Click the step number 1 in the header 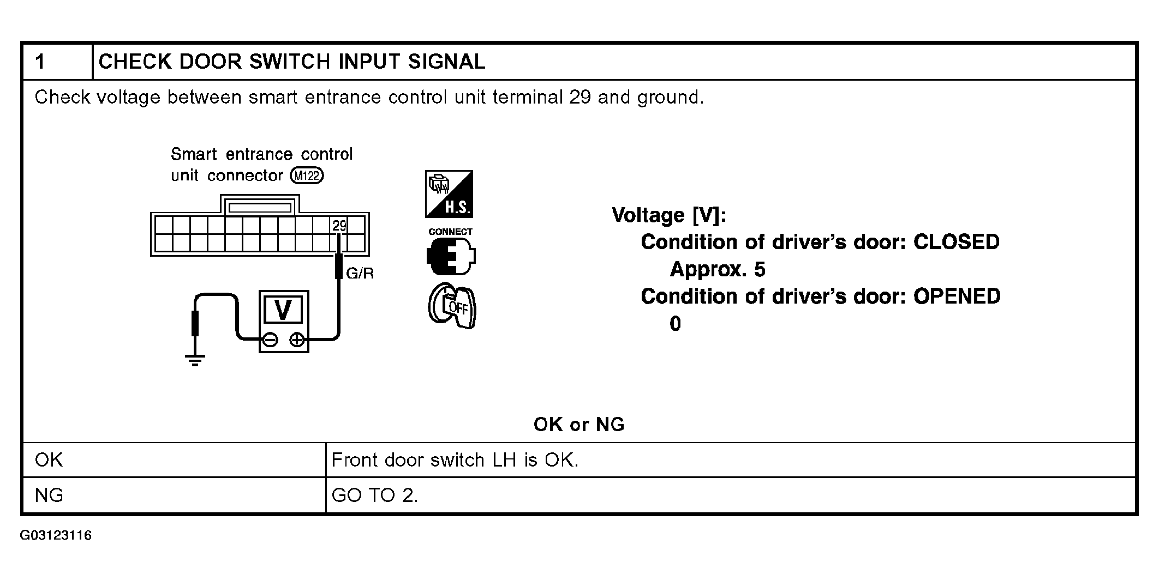(40, 62)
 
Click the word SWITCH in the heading (289, 62)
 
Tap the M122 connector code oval (307, 175)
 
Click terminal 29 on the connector (339, 226)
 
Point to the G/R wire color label (360, 274)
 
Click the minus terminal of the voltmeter (270, 340)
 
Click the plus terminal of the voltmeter (297, 340)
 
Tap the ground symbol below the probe (195, 360)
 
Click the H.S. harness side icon (449, 194)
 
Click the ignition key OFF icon (452, 306)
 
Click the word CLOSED (956, 242)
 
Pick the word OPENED (957, 296)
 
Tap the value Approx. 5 (718, 269)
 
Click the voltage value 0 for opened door (675, 324)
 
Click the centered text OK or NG (579, 425)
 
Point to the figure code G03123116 (56, 535)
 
